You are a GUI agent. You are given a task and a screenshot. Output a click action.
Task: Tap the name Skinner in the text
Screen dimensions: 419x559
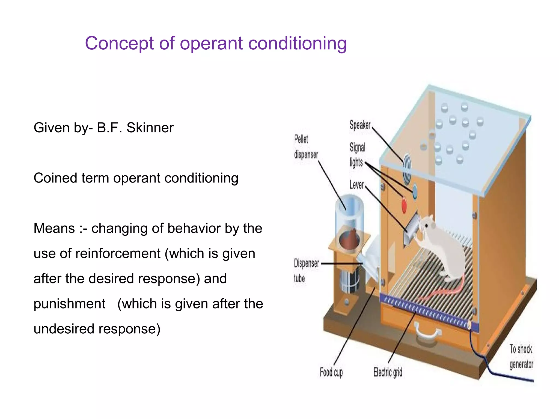(150, 128)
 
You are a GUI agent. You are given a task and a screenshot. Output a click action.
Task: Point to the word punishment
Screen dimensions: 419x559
(69, 304)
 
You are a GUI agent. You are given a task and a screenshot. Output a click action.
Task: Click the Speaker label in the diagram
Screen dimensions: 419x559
(360, 125)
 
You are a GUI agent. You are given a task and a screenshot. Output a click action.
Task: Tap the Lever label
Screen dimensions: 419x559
(356, 185)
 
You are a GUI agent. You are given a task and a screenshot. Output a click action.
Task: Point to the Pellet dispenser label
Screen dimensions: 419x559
(306, 147)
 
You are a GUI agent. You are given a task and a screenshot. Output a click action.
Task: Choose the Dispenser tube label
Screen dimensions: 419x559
(306, 271)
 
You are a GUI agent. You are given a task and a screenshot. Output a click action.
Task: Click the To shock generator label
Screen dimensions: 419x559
(521, 357)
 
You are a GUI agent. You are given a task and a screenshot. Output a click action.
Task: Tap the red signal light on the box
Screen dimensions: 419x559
(404, 205)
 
